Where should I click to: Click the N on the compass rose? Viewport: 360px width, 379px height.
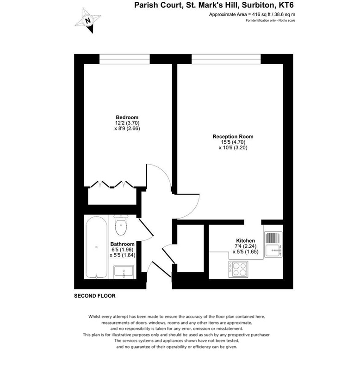pos(88,20)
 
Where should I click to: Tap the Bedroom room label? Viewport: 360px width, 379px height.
pos(127,117)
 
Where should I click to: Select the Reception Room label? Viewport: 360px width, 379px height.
pos(233,136)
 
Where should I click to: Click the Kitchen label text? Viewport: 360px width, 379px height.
pos(245,240)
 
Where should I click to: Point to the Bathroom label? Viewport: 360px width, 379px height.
pos(122,244)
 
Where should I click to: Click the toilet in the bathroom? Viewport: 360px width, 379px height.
pos(121,225)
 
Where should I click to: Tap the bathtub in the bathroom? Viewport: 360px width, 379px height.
pos(96,247)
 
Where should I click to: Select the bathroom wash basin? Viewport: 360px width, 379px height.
pos(124,271)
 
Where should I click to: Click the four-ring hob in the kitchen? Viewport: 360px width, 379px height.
pos(238,269)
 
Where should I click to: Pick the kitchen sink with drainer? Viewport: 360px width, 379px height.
pos(273,245)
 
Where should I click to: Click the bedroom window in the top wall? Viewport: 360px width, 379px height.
pos(124,59)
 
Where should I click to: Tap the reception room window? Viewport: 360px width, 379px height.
pos(226,59)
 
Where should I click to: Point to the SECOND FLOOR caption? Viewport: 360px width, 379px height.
pos(94,296)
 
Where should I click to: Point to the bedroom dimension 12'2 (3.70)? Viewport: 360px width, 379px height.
pos(127,123)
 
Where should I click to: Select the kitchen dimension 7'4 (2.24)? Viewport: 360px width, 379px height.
pos(246,246)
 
